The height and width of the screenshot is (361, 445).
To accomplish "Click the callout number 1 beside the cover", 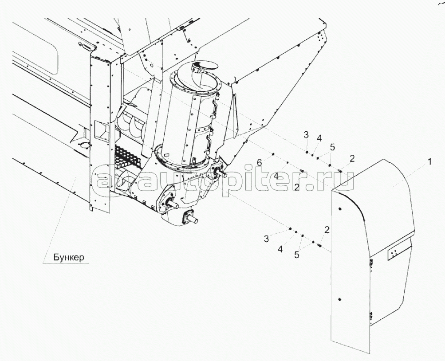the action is tap(429, 162).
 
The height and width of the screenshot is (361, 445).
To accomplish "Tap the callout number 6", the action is tap(259, 163).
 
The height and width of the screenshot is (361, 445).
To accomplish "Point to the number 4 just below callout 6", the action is tap(276, 176).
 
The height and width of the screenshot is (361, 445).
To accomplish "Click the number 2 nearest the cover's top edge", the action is tap(352, 159).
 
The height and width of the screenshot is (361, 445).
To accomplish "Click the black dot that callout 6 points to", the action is tap(273, 154).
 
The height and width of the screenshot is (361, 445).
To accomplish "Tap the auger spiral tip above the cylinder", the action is tap(200, 68).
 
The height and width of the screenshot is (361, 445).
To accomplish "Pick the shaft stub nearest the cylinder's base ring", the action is tap(219, 171).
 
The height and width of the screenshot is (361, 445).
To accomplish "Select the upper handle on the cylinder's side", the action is tap(215, 108).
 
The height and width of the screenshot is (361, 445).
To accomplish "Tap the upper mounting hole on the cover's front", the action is tap(340, 209).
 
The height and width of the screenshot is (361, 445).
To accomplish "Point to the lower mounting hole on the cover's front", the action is tap(340, 299).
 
